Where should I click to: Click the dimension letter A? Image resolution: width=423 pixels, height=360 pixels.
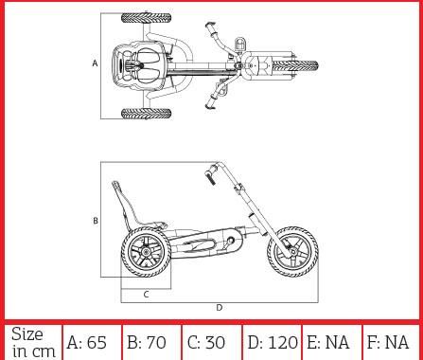pos(95,63)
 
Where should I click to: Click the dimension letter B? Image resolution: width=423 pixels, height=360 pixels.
pos(96,221)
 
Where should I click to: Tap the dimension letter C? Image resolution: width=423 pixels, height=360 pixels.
pos(146,295)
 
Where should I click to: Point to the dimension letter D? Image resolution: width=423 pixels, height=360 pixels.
pos(220,307)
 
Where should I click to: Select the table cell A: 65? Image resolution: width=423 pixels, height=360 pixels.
pos(92,342)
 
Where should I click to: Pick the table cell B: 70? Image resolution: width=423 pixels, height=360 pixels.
pos(151,342)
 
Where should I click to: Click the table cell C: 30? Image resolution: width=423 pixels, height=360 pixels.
pos(211,342)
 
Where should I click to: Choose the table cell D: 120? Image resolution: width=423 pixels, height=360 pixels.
pos(272,342)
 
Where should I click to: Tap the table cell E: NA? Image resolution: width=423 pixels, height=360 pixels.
pos(331,342)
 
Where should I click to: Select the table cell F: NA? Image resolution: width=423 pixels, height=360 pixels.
pos(391,342)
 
